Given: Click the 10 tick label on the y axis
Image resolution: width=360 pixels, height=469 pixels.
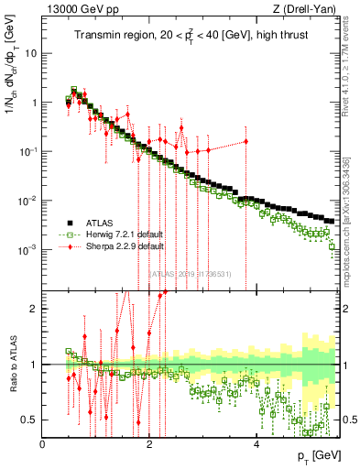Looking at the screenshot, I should pos(30,53).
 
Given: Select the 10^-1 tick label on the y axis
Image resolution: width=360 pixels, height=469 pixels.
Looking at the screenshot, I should pos(27,152).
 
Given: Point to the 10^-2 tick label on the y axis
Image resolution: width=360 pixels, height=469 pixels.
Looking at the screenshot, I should pos(27,202).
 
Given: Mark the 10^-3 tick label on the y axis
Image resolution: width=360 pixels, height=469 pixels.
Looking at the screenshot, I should pos(27,251).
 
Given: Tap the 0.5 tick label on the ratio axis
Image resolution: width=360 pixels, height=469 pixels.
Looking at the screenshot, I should pos(28,420).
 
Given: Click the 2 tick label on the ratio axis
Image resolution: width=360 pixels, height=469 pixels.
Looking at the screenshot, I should pos(34,309).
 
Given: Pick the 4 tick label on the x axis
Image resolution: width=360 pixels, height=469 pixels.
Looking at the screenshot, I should pos(256,444).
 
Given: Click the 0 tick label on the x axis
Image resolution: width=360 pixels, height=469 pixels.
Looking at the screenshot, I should pos(43,444).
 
